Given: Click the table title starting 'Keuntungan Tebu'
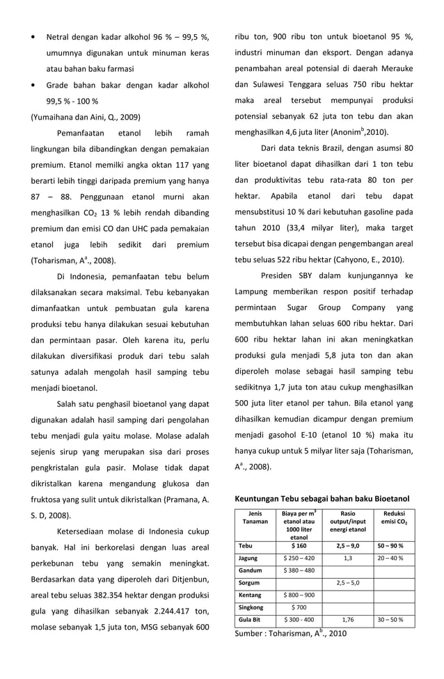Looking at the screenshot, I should pos(322,499).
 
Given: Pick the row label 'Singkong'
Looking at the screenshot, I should pos(251,607).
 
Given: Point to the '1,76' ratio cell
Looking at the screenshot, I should pos(347,619).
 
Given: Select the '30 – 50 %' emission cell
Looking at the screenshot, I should pos(390,619).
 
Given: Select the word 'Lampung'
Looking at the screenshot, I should pos(258,291).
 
